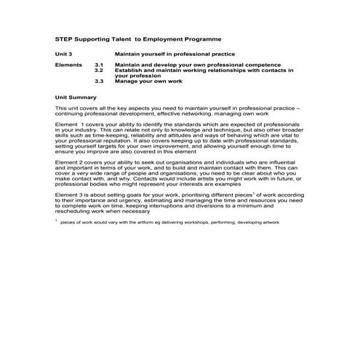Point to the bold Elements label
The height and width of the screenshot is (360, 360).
(69, 65)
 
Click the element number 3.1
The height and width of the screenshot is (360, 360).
(100, 65)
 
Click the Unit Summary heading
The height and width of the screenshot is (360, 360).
(76, 96)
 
